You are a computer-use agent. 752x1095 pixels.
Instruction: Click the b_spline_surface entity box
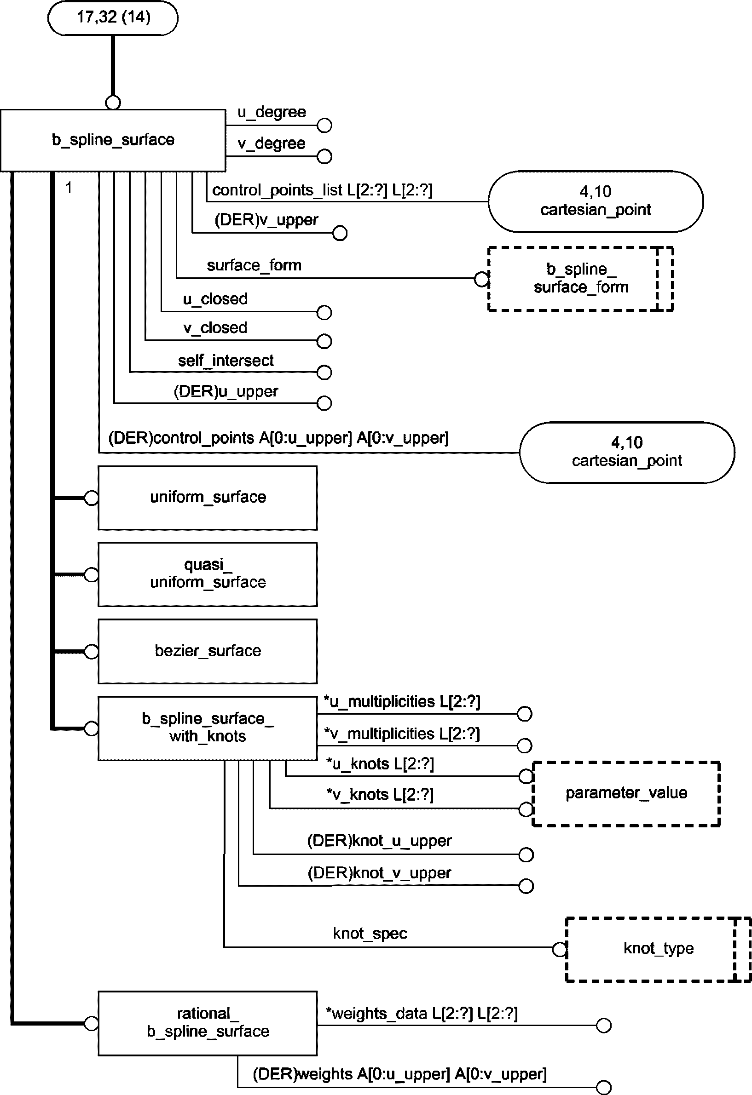pyautogui.click(x=113, y=140)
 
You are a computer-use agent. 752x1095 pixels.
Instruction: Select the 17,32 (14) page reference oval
pyautogui.click(x=113, y=17)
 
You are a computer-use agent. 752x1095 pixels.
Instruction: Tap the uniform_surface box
pyautogui.click(x=208, y=498)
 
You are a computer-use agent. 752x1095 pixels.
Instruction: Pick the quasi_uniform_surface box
pyautogui.click(x=208, y=574)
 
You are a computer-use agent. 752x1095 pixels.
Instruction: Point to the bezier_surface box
pyautogui.click(x=208, y=651)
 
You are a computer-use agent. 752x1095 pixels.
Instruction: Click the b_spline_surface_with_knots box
pyautogui.click(x=208, y=728)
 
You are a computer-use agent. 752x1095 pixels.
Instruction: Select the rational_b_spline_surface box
pyautogui.click(x=208, y=1023)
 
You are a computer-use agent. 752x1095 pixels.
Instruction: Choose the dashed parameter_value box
pyautogui.click(x=626, y=793)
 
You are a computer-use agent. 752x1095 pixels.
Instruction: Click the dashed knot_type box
pyautogui.click(x=658, y=948)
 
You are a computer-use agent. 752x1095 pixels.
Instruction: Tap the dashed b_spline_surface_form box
pyautogui.click(x=580, y=278)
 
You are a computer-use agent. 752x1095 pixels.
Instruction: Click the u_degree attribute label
pyautogui.click(x=272, y=112)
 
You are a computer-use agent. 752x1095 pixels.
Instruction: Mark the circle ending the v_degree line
pyautogui.click(x=324, y=156)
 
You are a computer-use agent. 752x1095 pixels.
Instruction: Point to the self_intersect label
pyautogui.click(x=226, y=361)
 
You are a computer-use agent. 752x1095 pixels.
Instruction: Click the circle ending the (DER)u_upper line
pyautogui.click(x=324, y=403)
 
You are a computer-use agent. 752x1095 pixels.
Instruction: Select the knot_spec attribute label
pyautogui.click(x=370, y=934)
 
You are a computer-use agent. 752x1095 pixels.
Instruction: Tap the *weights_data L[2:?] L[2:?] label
pyautogui.click(x=422, y=1014)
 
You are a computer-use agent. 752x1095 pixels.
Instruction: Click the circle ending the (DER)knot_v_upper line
pyautogui.click(x=526, y=886)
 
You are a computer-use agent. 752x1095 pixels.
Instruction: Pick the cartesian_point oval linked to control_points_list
pyautogui.click(x=596, y=201)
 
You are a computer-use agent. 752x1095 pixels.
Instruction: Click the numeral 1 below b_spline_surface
pyautogui.click(x=69, y=188)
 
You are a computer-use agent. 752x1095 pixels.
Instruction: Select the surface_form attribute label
pyautogui.click(x=254, y=266)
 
